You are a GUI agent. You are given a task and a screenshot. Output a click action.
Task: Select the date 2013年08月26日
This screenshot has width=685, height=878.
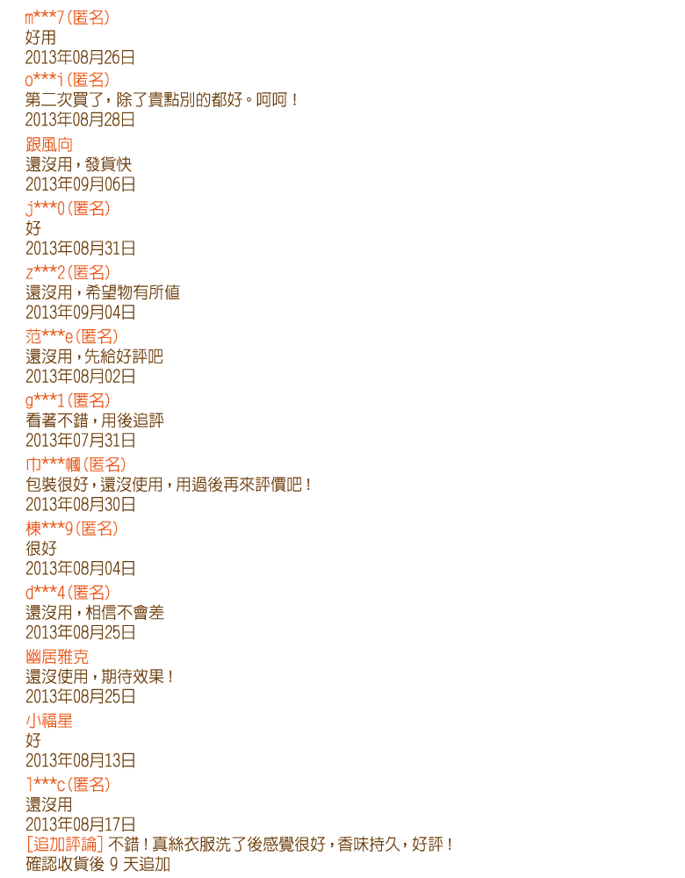(80, 57)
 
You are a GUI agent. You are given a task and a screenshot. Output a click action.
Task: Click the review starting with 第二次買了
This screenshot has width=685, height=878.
(162, 100)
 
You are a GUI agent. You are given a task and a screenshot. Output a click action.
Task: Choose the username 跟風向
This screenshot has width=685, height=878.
(49, 145)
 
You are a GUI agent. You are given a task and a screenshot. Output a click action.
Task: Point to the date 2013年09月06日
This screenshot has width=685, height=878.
(81, 184)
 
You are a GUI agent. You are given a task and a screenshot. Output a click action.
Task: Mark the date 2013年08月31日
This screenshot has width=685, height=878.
(81, 248)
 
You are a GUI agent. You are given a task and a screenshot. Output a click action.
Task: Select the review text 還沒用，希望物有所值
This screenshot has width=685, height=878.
(103, 292)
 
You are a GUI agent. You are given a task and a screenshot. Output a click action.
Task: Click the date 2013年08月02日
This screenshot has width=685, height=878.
(81, 377)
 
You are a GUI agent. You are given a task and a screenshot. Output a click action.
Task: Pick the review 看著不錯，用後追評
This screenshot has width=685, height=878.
(95, 420)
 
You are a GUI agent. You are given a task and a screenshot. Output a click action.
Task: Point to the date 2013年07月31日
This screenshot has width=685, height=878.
(81, 440)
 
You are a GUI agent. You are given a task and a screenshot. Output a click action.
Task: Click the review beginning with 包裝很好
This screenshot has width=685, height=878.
(168, 485)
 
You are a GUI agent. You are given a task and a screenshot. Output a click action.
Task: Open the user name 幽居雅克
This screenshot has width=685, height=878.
(57, 656)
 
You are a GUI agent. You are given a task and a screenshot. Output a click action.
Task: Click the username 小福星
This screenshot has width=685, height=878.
(49, 721)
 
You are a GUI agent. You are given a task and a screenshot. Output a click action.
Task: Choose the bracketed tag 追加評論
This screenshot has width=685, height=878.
(65, 844)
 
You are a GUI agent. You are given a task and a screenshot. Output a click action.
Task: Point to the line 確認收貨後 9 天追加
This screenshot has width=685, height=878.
(98, 864)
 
